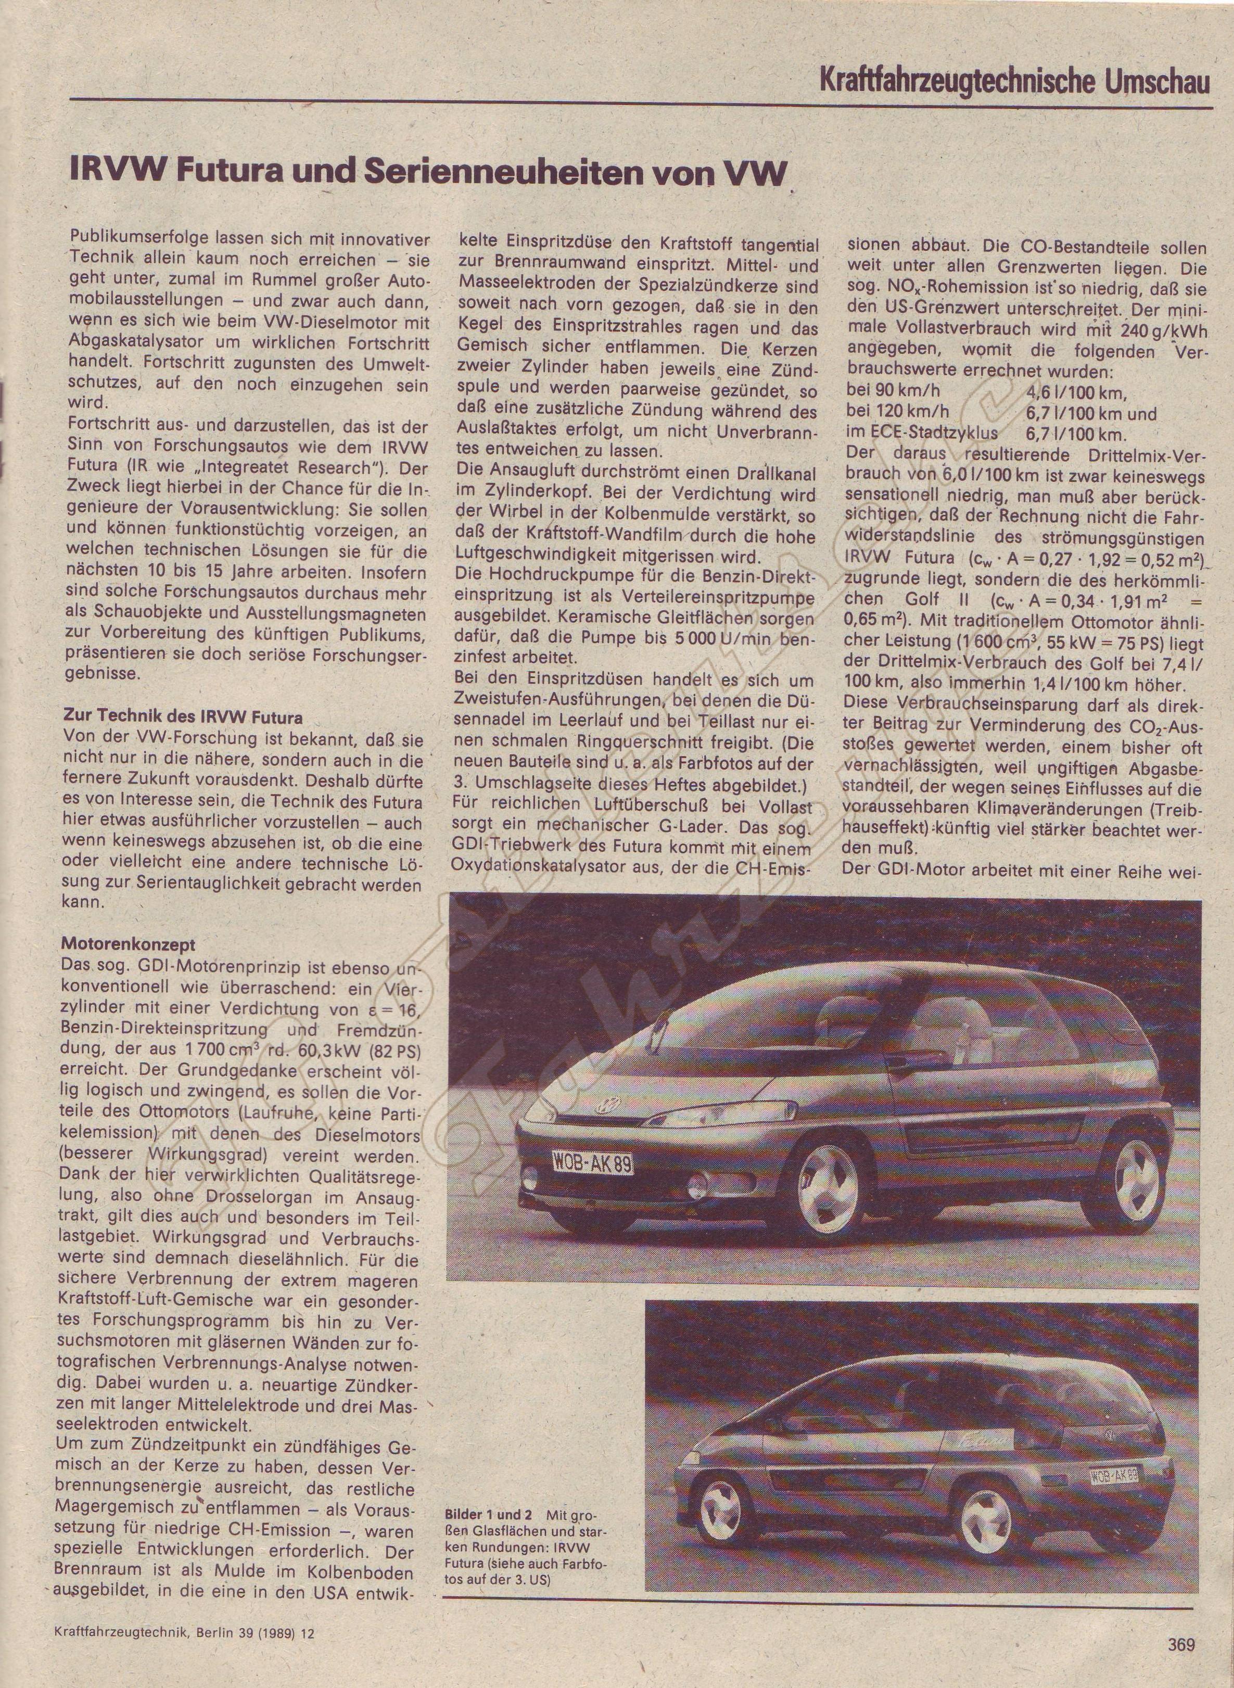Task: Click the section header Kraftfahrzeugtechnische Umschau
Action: tap(1014, 80)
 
